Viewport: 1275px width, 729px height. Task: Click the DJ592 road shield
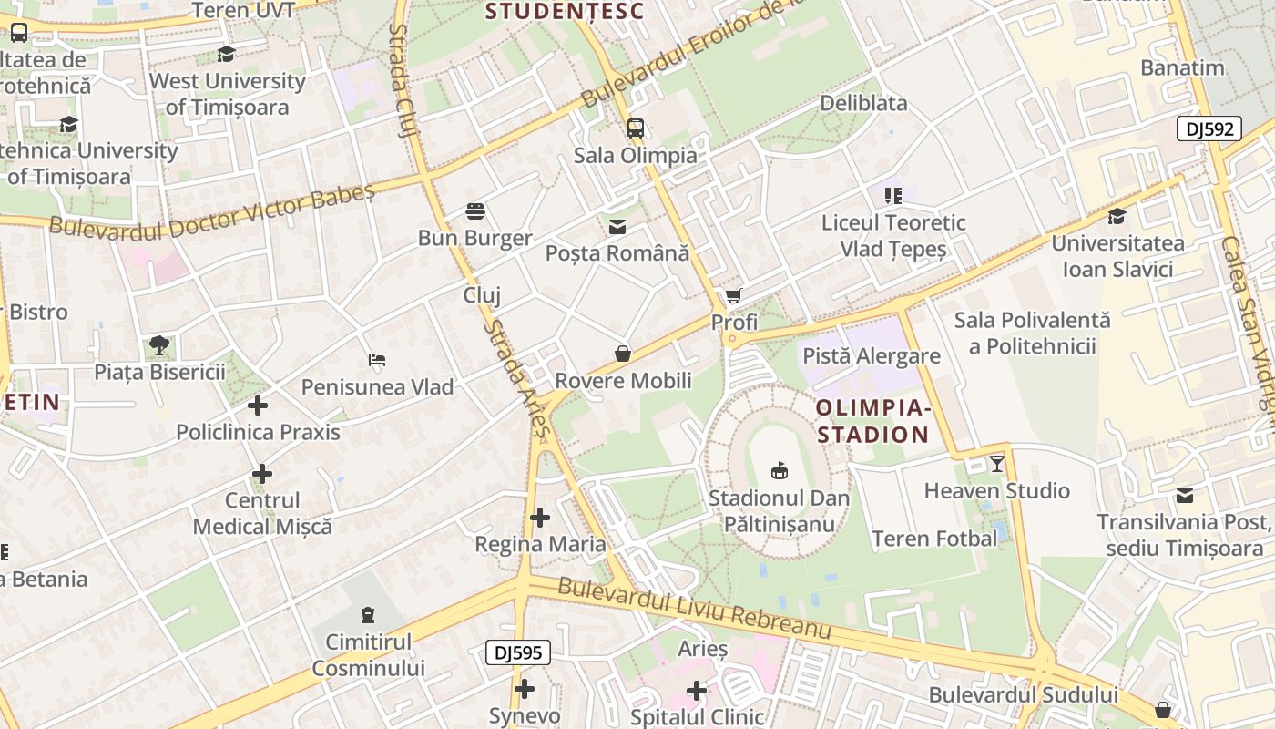(1209, 128)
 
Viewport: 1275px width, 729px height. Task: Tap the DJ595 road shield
(517, 652)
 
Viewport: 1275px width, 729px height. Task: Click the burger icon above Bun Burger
(474, 211)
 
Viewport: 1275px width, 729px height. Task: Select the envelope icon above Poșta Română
(617, 226)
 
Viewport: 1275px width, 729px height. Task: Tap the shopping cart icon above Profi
(734, 296)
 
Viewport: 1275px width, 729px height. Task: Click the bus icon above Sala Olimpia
(636, 128)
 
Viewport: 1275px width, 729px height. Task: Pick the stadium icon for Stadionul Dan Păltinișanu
(780, 471)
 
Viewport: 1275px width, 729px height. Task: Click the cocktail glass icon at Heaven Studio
(997, 464)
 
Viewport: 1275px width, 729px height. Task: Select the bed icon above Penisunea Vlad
(377, 360)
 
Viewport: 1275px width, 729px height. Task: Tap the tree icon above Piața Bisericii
(159, 345)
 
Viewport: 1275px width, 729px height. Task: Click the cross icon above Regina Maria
(540, 518)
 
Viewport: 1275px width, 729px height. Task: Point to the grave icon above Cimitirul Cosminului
(368, 615)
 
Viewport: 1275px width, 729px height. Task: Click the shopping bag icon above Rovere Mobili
(623, 354)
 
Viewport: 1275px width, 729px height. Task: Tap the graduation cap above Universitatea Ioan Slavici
(1117, 216)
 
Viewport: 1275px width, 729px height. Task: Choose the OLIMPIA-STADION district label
(872, 420)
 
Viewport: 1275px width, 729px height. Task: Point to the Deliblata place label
(863, 103)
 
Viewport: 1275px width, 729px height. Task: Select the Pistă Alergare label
(871, 355)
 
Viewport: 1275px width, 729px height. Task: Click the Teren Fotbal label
(934, 539)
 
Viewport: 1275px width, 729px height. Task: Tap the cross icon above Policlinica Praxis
(258, 405)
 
